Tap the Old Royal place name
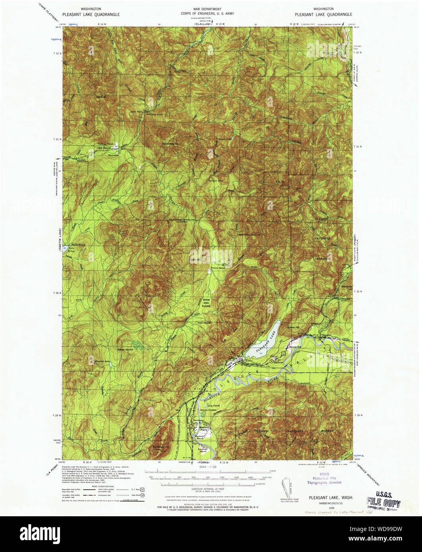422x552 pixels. pos(105,148)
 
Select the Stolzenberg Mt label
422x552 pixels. pos(170,143)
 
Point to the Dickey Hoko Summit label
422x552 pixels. pos(206,303)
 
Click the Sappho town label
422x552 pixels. pos(327,336)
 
